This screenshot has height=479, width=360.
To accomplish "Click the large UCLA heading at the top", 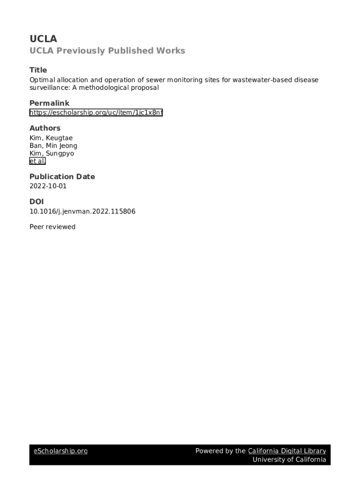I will pos(43,39).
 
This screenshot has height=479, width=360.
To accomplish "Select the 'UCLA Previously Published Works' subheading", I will pos(107,51).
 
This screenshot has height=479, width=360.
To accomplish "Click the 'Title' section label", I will pos(38,70).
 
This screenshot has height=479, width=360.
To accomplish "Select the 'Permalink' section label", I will pos(49,103).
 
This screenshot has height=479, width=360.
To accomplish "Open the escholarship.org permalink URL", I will pos(96,113).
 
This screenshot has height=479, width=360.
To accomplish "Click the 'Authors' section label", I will pos(45,128).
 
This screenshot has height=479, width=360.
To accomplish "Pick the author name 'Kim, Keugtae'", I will pos(51,138).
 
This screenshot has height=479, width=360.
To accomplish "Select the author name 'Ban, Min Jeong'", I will pos(53,145).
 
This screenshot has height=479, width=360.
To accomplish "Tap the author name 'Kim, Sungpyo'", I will pos(51,153).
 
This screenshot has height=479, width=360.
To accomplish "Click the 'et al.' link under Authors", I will pos(37,161).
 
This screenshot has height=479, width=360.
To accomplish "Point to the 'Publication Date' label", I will pos(62,176).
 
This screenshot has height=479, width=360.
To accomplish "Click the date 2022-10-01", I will pos(48,186).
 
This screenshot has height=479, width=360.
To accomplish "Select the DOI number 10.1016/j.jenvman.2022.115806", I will pos(82,211).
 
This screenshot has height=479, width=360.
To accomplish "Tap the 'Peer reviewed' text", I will pos(52,227).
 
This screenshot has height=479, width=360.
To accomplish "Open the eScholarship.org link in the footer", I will pos(61,451).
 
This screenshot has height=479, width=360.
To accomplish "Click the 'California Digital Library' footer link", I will pos(287,451).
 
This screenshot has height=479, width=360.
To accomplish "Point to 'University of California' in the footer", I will pos(289,459).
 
